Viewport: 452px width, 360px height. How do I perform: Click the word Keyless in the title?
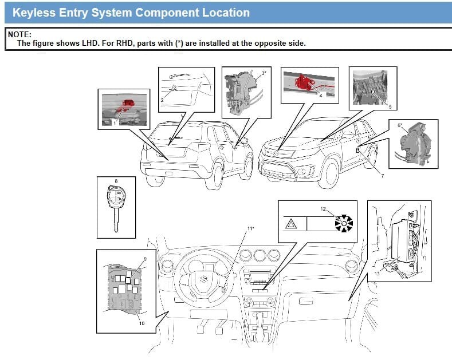[x=34, y=12]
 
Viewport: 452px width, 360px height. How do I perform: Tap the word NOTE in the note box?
[x=19, y=34]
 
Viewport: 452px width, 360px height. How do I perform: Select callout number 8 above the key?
[x=116, y=181]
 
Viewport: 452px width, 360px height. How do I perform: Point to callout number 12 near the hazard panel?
[x=323, y=209]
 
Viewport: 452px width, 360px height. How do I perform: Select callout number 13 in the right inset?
[x=376, y=273]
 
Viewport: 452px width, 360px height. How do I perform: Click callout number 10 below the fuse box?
[x=142, y=323]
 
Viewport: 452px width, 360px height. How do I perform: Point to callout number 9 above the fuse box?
[x=145, y=259]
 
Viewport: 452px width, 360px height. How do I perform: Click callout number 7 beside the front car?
[x=382, y=175]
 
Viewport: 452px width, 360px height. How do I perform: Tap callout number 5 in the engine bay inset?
[x=390, y=106]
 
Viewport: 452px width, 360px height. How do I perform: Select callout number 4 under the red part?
[x=321, y=96]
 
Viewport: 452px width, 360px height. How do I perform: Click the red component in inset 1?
[x=125, y=105]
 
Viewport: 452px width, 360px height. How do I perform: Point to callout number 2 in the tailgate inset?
[x=162, y=100]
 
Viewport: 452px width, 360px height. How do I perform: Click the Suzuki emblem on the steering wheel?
[x=203, y=280]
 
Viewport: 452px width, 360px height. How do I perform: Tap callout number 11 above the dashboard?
[x=250, y=228]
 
